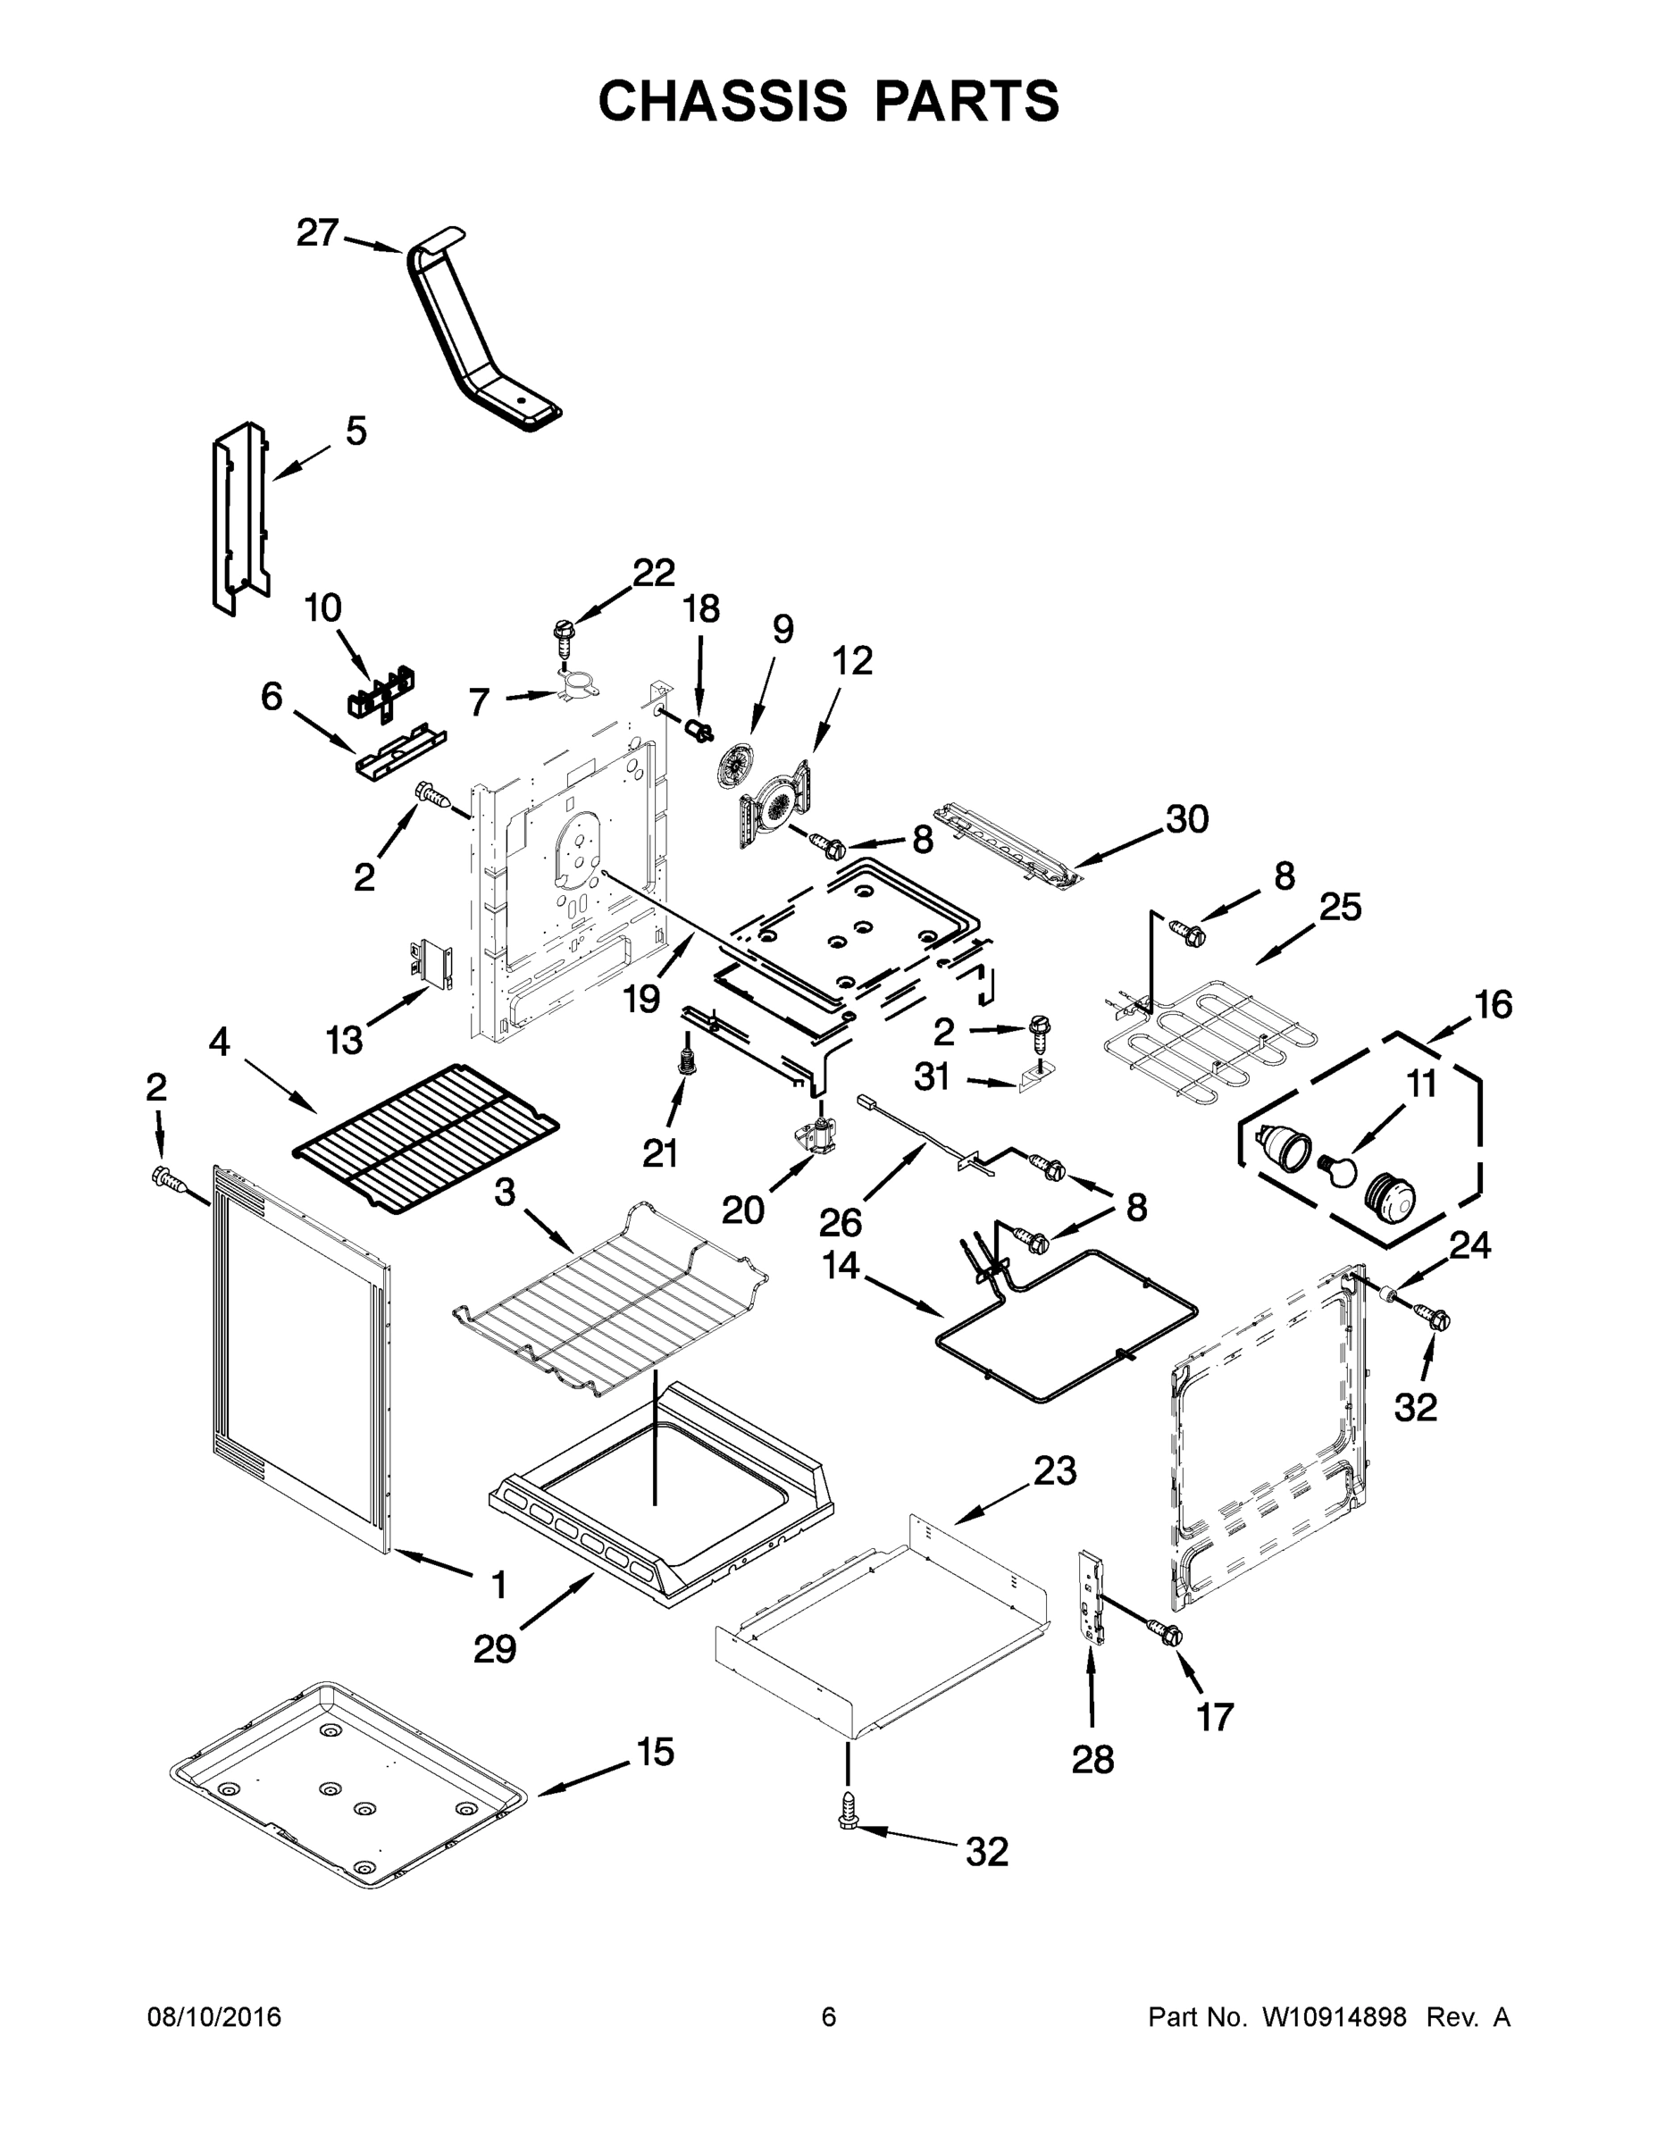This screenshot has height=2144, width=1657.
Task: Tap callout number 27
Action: (x=317, y=234)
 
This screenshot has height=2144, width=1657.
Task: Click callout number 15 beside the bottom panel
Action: (x=655, y=1750)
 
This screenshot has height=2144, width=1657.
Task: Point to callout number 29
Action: (x=494, y=1648)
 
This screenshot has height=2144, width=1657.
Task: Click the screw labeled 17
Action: (x=1168, y=1632)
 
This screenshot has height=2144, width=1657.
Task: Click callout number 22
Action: (x=654, y=572)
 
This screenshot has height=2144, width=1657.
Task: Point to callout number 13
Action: (x=345, y=1039)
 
